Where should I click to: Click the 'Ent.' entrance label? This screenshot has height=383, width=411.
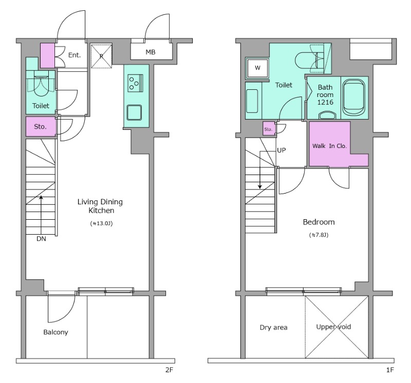74,55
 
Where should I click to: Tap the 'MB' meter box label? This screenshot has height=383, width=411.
151,52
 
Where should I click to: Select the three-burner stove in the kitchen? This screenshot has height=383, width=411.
135,83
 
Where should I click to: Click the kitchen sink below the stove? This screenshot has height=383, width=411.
134,112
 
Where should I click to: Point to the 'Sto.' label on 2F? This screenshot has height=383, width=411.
40,127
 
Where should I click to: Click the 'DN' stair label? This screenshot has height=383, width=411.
41,239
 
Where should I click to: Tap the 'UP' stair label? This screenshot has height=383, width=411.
282,150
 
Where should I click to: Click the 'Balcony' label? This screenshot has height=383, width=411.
55,332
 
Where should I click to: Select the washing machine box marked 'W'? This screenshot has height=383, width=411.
257,68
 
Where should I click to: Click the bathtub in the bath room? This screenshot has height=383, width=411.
354,98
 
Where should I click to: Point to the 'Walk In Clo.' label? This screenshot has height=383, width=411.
329,146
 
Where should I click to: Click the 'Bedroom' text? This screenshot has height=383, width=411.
319,222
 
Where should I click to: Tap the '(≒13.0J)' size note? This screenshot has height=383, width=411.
101,223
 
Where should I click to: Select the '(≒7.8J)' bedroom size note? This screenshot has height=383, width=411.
319,235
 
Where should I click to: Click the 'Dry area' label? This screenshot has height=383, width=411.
273,328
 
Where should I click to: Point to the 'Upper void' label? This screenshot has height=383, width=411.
333,327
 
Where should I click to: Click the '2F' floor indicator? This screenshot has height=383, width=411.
170,370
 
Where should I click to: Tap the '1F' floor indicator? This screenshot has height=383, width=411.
390,370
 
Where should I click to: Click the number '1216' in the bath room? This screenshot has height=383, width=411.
325,102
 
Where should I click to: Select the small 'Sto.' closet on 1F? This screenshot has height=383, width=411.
268,129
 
